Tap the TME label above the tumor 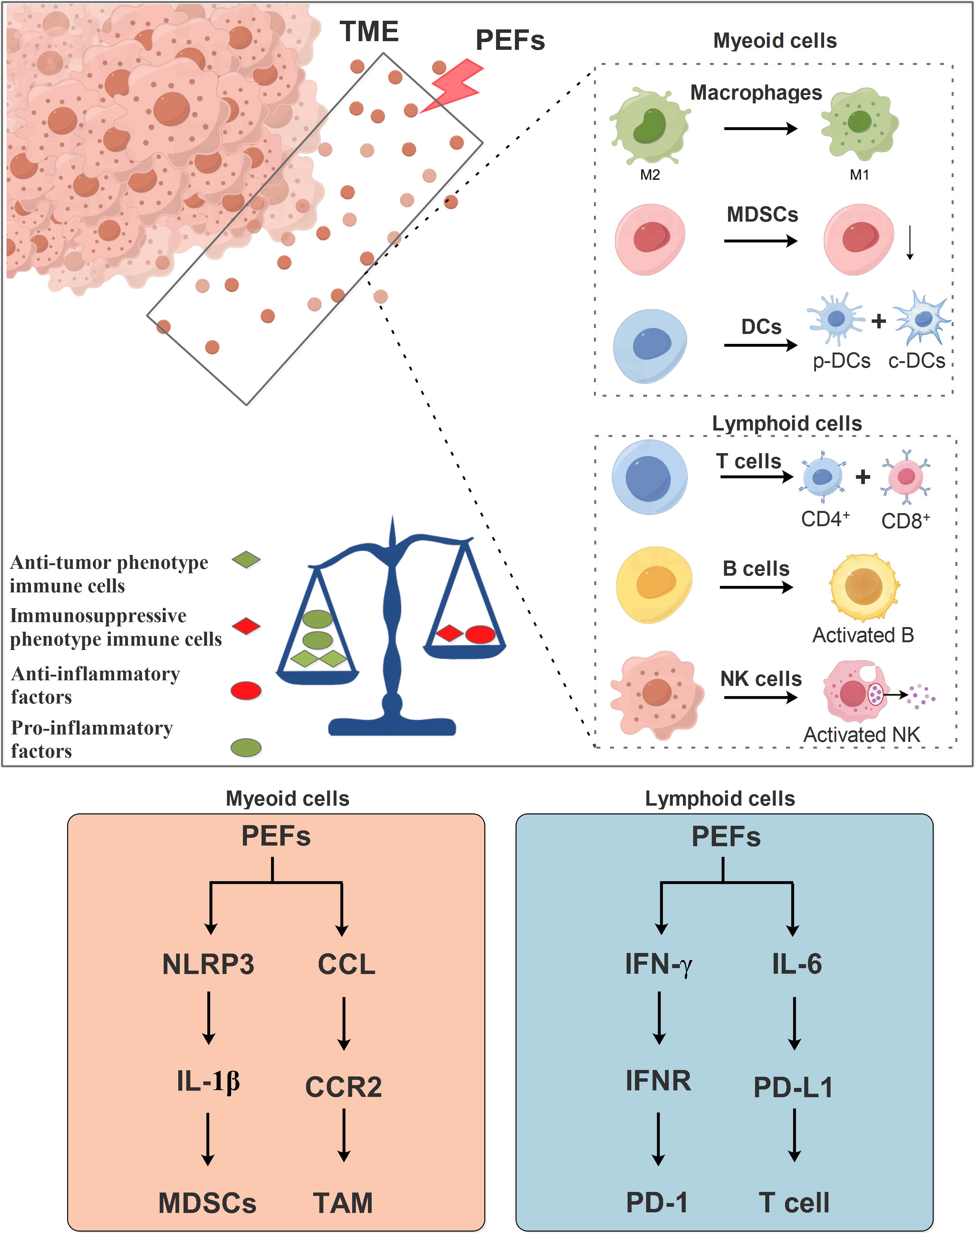point(369,32)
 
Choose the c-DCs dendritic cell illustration point(922,318)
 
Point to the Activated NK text point(862,734)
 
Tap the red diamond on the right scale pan point(449,633)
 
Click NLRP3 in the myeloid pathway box point(208,964)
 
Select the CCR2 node point(343,1087)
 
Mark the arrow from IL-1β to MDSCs point(208,1139)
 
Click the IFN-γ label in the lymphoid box point(658,964)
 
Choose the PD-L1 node point(793,1087)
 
